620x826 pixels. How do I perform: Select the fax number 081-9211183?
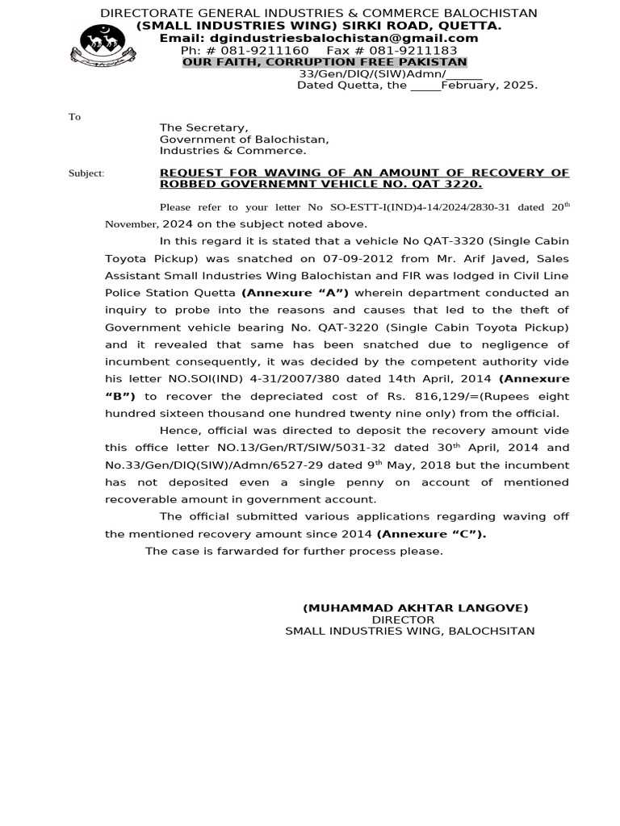point(413,50)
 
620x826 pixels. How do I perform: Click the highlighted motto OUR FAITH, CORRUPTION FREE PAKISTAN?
point(325,62)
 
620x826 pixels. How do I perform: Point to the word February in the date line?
point(468,85)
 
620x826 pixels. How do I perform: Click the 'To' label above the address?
point(74,117)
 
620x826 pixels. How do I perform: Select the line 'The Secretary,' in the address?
point(203,127)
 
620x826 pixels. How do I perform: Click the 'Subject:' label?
point(86,173)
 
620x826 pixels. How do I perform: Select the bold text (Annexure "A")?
point(295,293)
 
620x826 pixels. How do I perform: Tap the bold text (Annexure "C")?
point(431,534)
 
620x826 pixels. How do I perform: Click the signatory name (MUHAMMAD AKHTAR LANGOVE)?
point(415,608)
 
